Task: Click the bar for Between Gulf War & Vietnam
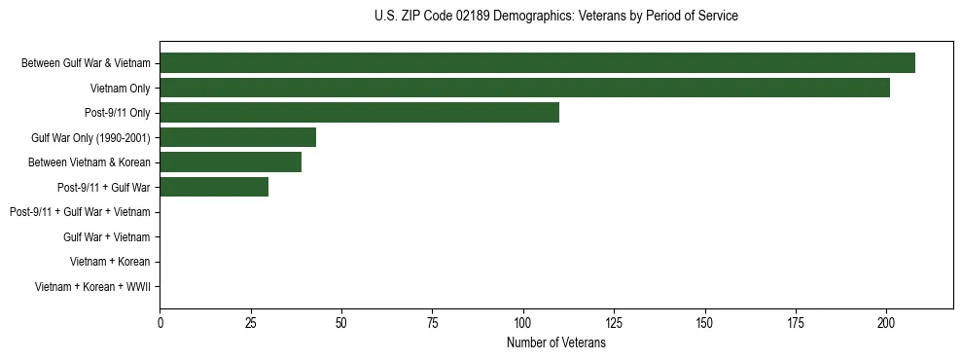[x=537, y=63]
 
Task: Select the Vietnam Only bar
[x=524, y=88]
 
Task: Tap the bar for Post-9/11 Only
[x=359, y=113]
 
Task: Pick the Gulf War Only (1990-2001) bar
[x=237, y=137]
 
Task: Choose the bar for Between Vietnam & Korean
[x=231, y=162]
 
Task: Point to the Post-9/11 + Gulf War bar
[x=214, y=187]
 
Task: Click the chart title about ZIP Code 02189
[x=555, y=17]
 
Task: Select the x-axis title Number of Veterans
[x=555, y=343]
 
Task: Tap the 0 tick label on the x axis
[x=160, y=322]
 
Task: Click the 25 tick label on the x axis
[x=250, y=322]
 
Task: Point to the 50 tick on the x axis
[x=341, y=322]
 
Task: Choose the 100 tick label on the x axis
[x=523, y=322]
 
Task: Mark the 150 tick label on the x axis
[x=704, y=322]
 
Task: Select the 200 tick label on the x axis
[x=886, y=322]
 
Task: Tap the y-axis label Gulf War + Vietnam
[x=106, y=236]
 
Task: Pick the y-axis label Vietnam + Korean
[x=110, y=262]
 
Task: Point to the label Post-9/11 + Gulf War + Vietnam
[x=80, y=212]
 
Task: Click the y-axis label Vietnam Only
[x=120, y=89]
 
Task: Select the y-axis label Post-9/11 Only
[x=118, y=113]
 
